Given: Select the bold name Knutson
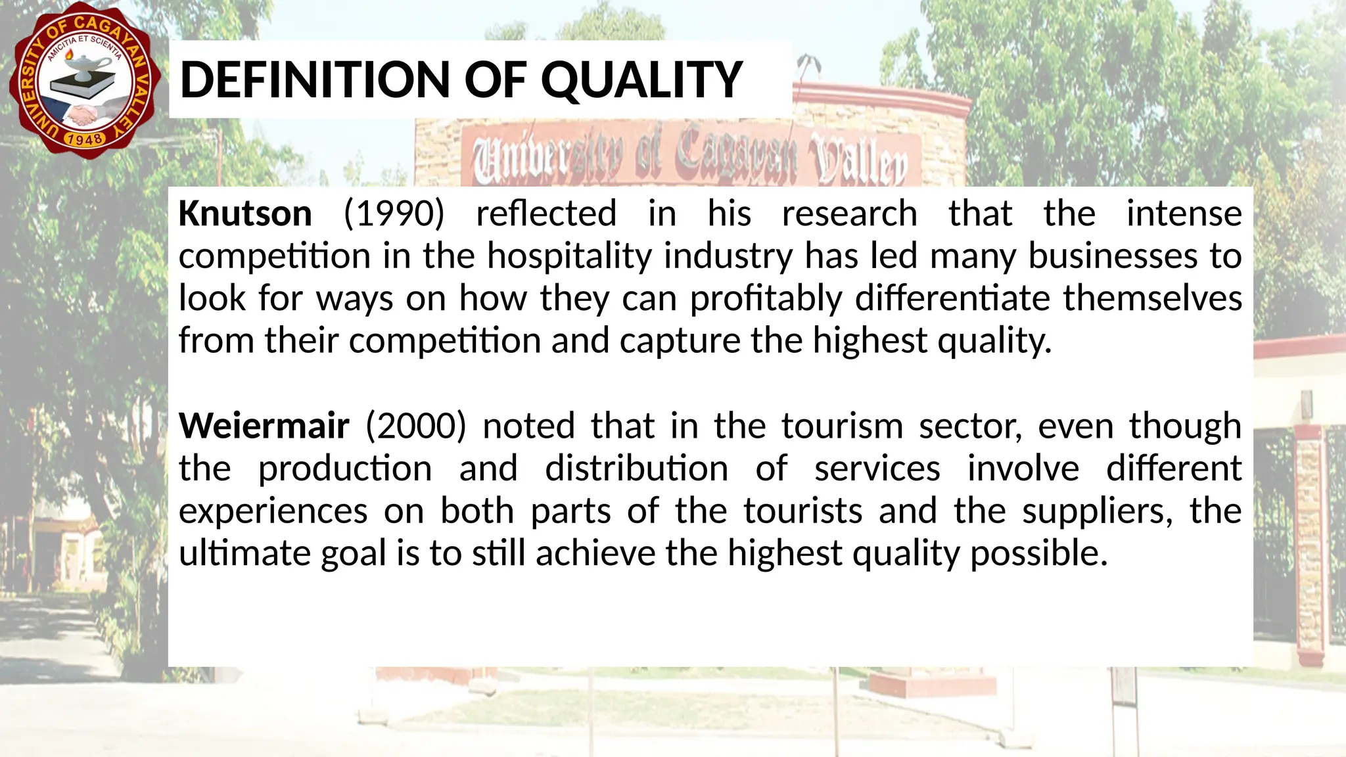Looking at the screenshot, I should pos(245,214).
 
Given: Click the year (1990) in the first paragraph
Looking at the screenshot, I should pos(394,214).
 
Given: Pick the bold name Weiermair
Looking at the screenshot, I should pos(264,426).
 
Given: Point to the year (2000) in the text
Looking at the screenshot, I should pos(415,426).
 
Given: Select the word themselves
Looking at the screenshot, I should pos(1152,298).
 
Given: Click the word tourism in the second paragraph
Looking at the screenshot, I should pos(842,426).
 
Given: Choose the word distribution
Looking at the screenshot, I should pos(636,469).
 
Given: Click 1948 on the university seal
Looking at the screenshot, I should pos(85,139).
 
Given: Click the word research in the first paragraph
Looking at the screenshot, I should pos(849,214).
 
